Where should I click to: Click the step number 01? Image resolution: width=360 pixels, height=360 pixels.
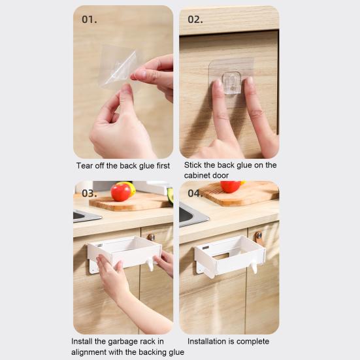pyautogui.click(x=89, y=19)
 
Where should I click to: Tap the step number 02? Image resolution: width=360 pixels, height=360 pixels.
pyautogui.click(x=195, y=19)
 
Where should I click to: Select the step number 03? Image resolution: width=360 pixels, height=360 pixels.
pyautogui.click(x=89, y=194)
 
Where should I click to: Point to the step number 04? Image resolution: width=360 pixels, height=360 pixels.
pyautogui.click(x=195, y=194)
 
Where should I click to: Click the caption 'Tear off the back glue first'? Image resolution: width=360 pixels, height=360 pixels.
pyautogui.click(x=123, y=166)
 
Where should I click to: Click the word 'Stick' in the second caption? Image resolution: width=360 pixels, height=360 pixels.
pyautogui.click(x=194, y=165)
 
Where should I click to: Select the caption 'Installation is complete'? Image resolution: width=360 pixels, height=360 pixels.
pyautogui.click(x=228, y=342)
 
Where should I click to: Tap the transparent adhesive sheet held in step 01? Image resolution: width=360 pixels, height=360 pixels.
pyautogui.click(x=118, y=66)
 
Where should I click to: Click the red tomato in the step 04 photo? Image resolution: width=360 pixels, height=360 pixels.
pyautogui.click(x=230, y=186)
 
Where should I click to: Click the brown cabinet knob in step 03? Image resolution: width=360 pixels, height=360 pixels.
pyautogui.click(x=151, y=237)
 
